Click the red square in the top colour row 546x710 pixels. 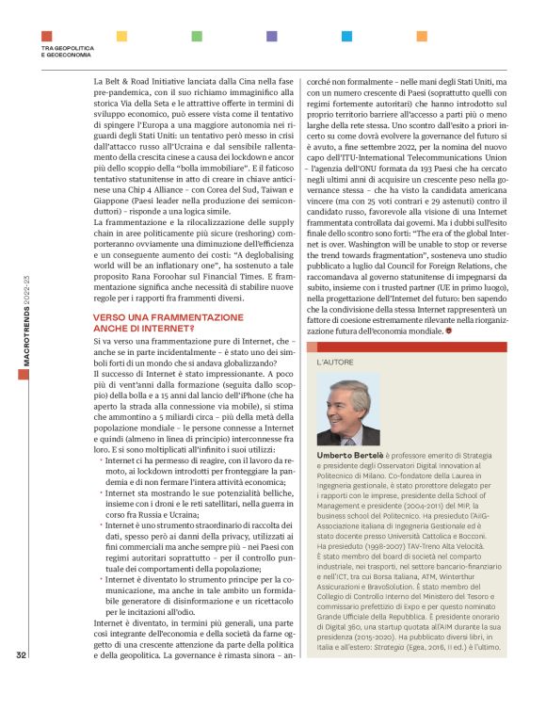click(x=46, y=36)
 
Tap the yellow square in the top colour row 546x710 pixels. click(x=120, y=36)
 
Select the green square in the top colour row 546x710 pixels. click(x=196, y=36)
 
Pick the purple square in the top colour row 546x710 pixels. click(x=271, y=36)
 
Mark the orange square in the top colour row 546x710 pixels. click(x=421, y=36)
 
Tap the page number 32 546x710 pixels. click(x=21, y=681)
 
